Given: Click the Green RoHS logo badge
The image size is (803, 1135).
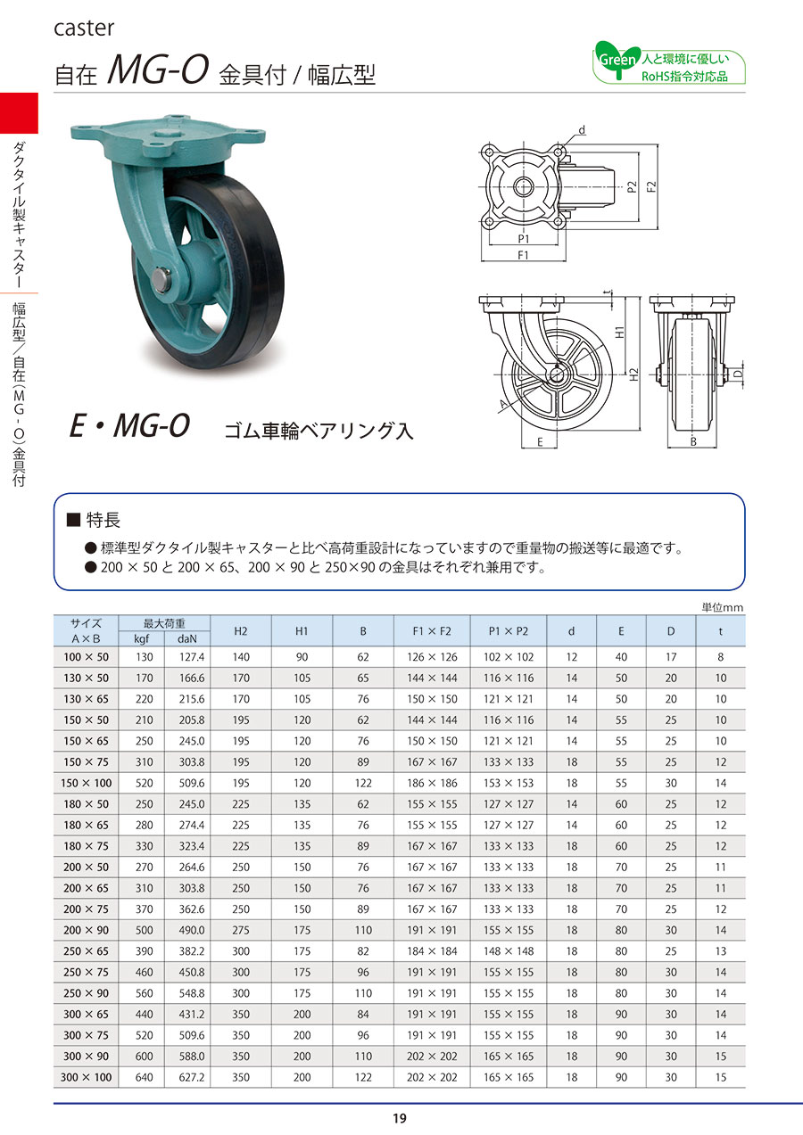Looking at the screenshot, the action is click(668, 63).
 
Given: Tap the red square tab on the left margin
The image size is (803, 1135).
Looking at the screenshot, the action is click(19, 112).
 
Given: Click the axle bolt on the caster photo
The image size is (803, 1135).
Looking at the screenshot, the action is click(161, 281).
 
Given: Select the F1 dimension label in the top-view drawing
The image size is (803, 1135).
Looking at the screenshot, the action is click(523, 255).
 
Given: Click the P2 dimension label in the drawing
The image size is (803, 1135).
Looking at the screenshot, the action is click(632, 187).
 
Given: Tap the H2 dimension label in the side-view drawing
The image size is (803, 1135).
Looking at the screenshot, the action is click(633, 374).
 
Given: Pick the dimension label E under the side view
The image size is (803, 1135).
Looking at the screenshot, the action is click(540, 442).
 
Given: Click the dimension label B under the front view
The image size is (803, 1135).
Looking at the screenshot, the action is click(693, 442).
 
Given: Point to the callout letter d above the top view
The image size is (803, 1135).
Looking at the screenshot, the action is click(582, 131).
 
